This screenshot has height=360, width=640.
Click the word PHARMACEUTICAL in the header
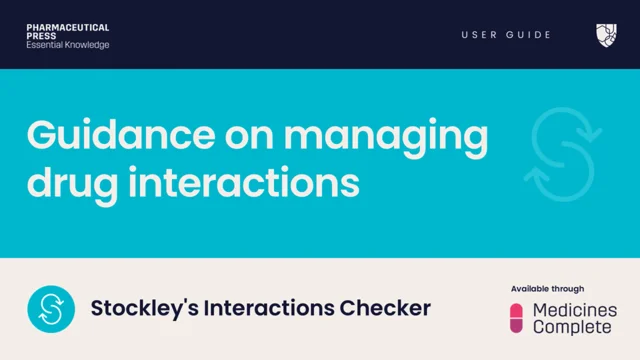click(68, 27)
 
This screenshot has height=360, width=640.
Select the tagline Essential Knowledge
click(68, 45)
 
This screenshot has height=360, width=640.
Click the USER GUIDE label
click(506, 35)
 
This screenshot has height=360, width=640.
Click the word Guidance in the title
click(106, 136)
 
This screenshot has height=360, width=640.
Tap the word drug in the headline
click(65, 183)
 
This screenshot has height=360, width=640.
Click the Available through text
click(547, 289)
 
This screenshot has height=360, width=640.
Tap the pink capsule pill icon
click(517, 318)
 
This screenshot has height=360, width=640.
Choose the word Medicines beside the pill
click(575, 311)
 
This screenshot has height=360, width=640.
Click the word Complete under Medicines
click(571, 327)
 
